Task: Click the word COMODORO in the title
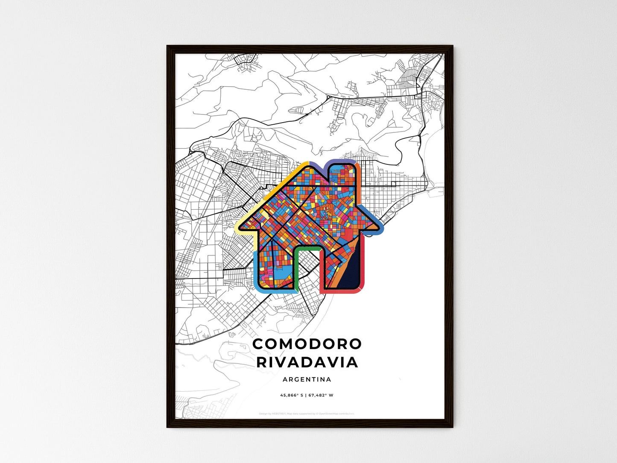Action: pyautogui.click(x=307, y=344)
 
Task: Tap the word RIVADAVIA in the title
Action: pyautogui.click(x=307, y=362)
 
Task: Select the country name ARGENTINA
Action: pyautogui.click(x=307, y=379)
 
